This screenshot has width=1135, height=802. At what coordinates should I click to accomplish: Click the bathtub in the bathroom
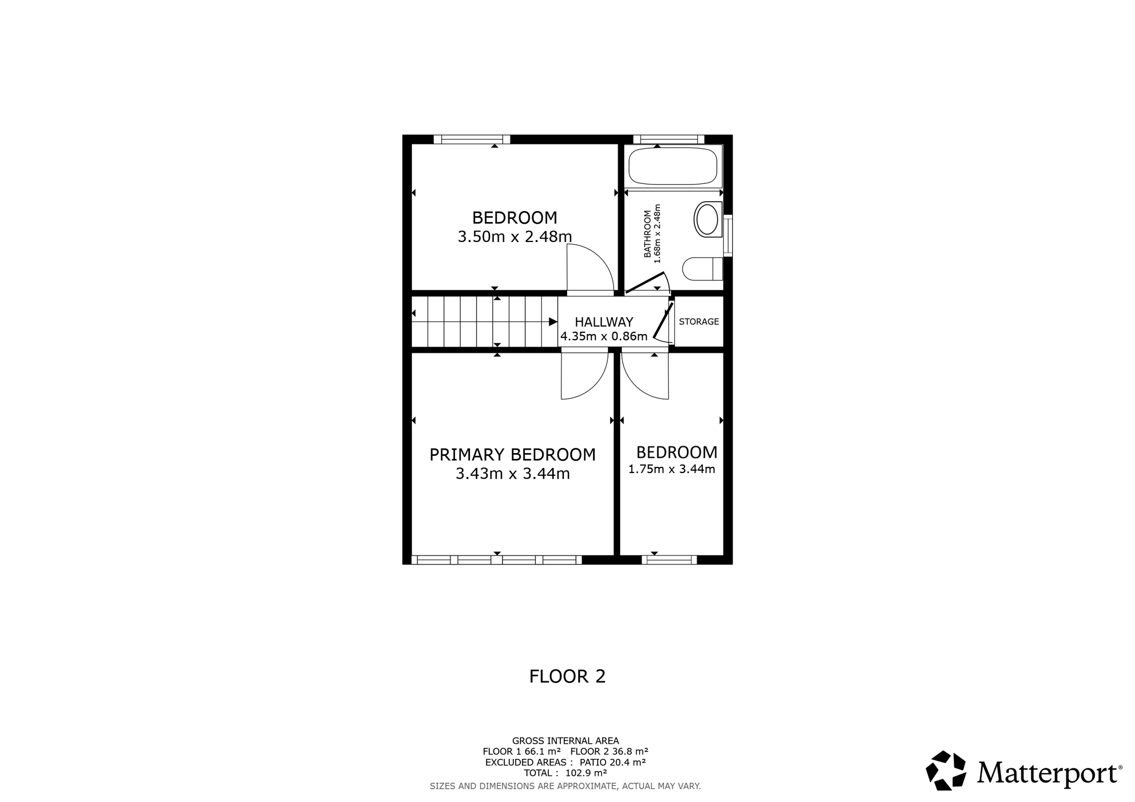click(673, 166)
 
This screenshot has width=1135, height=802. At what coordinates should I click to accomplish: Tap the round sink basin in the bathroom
click(708, 220)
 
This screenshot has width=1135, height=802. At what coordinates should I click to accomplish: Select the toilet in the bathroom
click(703, 269)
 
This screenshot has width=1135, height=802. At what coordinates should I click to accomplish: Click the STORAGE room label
click(699, 322)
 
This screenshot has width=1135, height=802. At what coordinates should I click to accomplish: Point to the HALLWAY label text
click(604, 322)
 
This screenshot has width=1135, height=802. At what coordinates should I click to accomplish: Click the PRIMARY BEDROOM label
click(513, 455)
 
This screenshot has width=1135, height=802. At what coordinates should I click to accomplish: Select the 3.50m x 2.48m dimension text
click(515, 237)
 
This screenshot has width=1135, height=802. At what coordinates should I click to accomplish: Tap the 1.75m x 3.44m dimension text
click(672, 469)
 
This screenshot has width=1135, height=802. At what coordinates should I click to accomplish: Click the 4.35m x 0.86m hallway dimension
click(604, 336)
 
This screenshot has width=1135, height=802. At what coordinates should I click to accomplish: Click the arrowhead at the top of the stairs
click(553, 322)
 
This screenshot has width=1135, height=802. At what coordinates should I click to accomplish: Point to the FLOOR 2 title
click(567, 676)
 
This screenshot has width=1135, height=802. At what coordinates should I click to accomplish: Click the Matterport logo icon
click(946, 770)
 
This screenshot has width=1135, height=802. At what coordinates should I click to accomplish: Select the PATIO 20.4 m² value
click(612, 762)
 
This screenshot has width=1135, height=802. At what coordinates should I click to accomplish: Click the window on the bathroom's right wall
click(728, 235)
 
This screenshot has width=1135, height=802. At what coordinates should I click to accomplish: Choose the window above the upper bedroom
click(472, 140)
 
